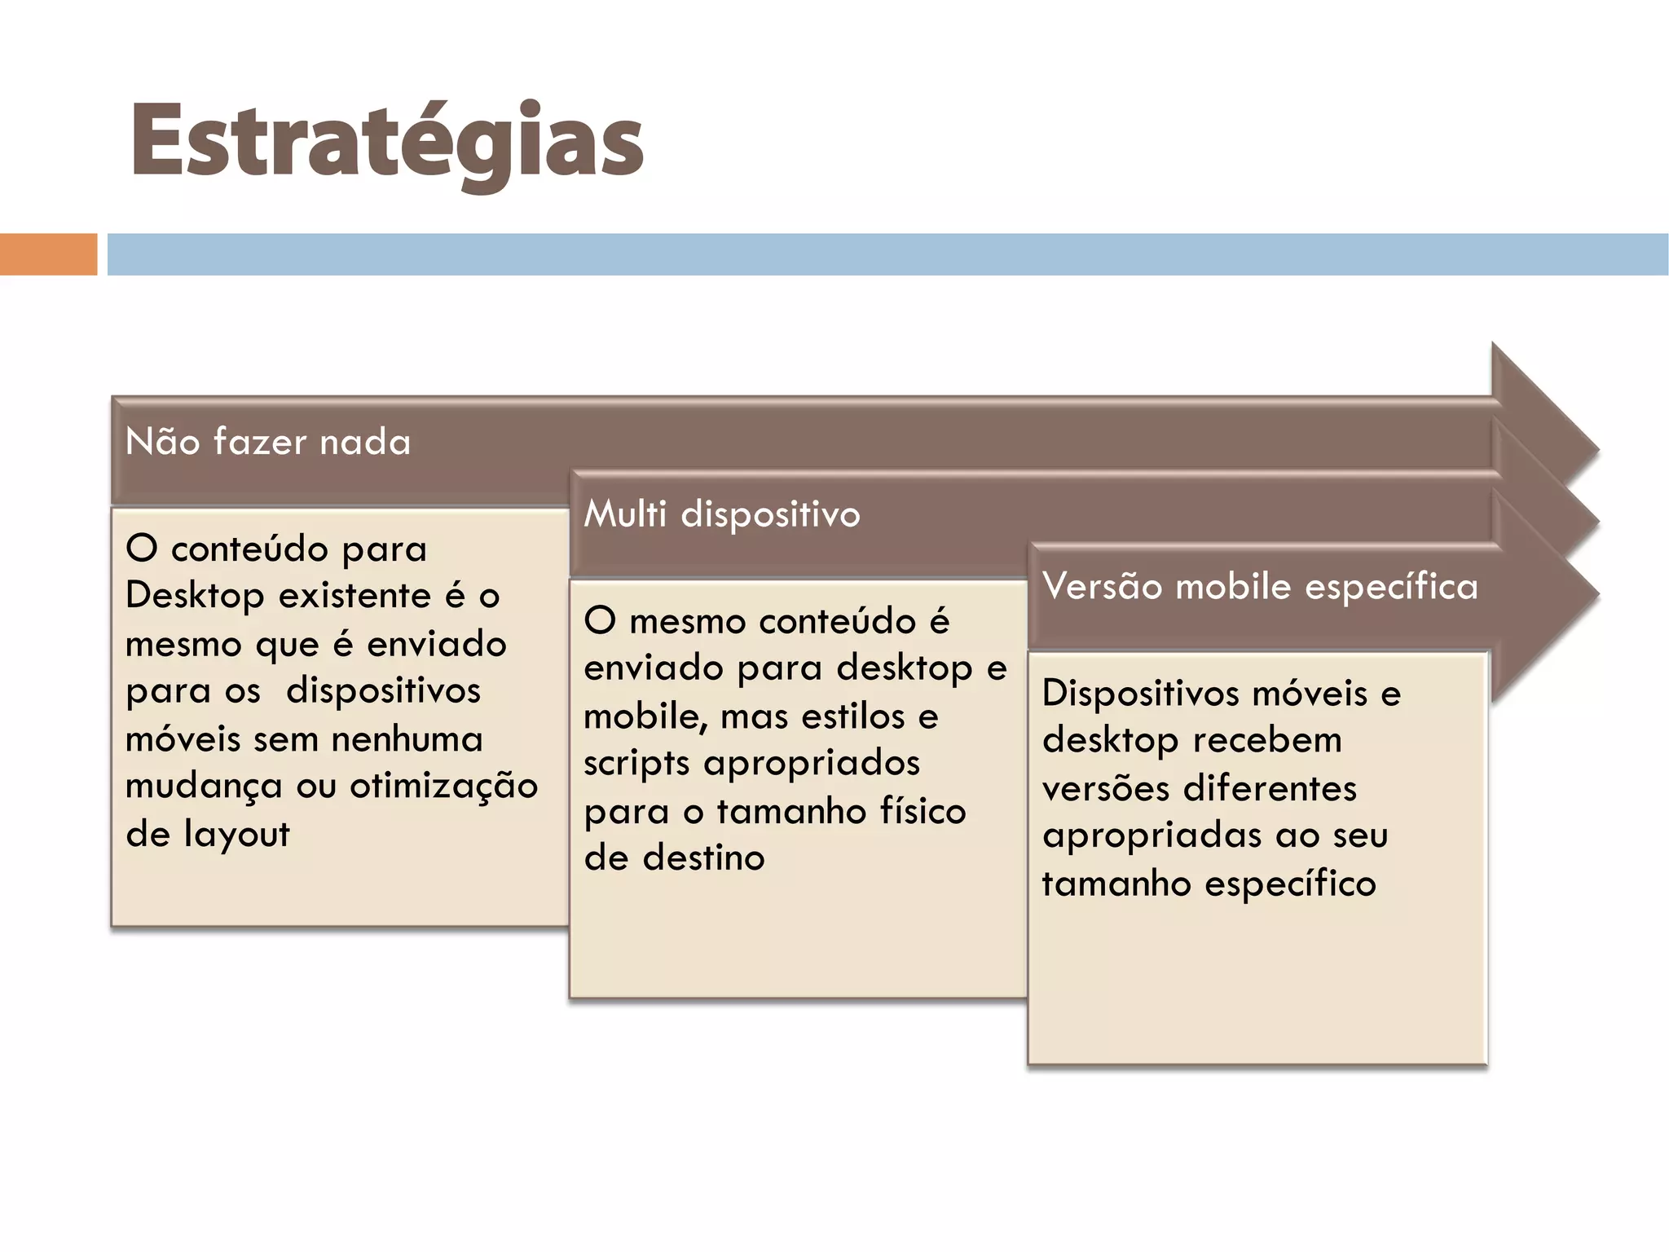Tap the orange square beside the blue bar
tap(48, 254)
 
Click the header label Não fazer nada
tap(268, 442)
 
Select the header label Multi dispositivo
tap(722, 514)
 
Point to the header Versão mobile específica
tap(1260, 587)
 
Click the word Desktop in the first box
tap(195, 596)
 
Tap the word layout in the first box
tap(236, 834)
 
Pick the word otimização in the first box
tap(443, 786)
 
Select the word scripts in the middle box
tap(637, 764)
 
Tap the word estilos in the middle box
tap(853, 716)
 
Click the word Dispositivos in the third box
tap(1140, 693)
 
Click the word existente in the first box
tap(354, 596)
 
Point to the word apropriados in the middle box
tap(811, 764)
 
